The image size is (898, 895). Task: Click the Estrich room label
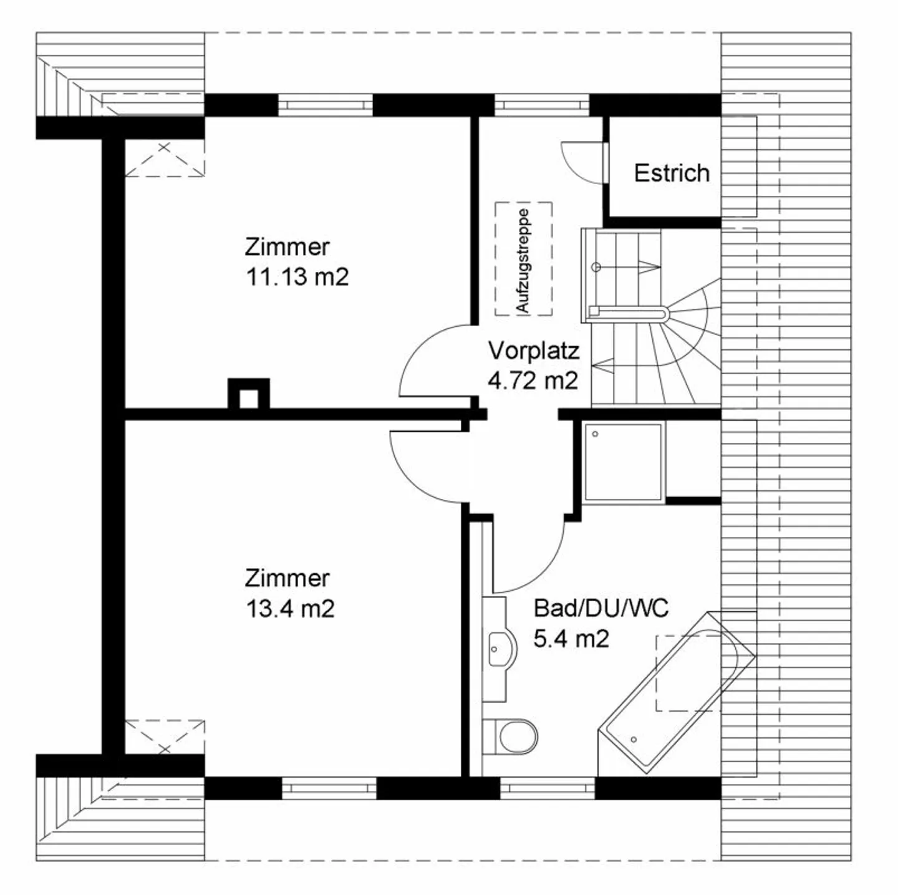pos(672,173)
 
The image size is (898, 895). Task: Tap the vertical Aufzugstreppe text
pos(523,260)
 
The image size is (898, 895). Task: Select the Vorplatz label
pos(534,351)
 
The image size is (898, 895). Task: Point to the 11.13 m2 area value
pos(297,276)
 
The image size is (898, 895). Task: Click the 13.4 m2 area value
pos(290,608)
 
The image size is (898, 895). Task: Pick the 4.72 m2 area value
pos(533,380)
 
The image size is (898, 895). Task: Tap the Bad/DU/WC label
pos(601,607)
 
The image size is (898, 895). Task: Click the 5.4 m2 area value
pos(571,638)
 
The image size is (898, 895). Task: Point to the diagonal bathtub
pos(677,692)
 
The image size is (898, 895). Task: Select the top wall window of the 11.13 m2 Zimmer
pos(325,104)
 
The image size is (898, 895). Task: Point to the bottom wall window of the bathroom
pos(548,788)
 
